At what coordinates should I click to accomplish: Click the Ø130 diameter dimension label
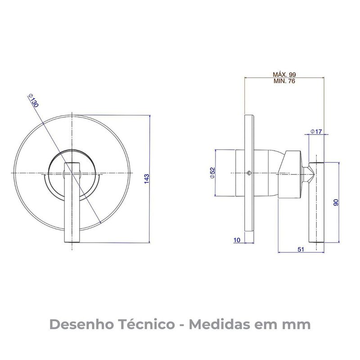(x=33, y=100)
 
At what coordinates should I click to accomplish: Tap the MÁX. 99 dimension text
(x=284, y=74)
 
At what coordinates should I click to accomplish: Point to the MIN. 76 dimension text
(x=284, y=81)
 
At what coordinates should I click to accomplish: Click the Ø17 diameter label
(x=316, y=131)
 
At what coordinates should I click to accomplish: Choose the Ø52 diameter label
(x=212, y=173)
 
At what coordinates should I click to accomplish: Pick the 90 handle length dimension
(x=335, y=202)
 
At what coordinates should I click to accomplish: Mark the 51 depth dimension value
(x=301, y=248)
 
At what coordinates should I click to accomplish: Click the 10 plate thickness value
(x=237, y=240)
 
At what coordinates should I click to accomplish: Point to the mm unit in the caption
(x=297, y=324)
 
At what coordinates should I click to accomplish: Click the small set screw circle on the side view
(x=249, y=173)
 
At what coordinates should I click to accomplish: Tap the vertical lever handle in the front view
(x=72, y=202)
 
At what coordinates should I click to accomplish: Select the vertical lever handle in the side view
(x=316, y=202)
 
